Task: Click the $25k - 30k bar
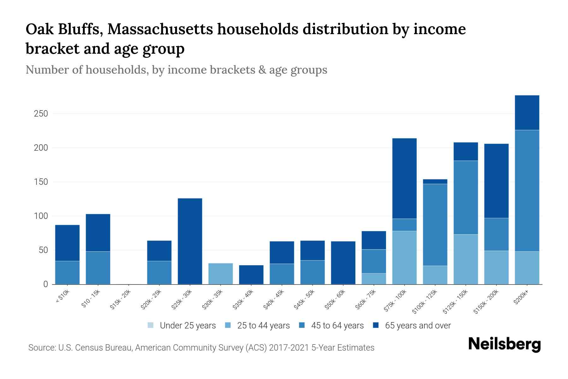pos(190,241)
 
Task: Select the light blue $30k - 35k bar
pos(221,274)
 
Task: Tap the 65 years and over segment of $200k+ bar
pos(527,112)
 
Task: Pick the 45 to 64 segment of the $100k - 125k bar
pos(435,225)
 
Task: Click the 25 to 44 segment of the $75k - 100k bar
pos(404,257)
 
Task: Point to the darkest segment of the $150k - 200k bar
pos(496,181)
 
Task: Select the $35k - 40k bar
pos(251,274)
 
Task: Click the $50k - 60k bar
pos(343,263)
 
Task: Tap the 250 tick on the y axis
pos(41,114)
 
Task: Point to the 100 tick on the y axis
pos(41,216)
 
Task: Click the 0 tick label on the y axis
pos(45,285)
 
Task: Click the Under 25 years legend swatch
pos(151,325)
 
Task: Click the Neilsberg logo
pos(504,344)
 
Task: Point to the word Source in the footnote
pos(41,348)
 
